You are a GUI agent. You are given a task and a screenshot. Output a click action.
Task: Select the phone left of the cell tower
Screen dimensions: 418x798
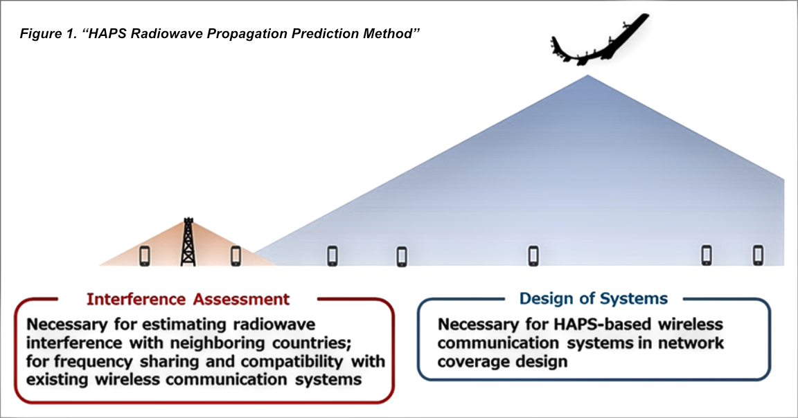(145, 255)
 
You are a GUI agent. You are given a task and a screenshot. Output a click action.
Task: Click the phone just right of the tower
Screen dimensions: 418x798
(236, 255)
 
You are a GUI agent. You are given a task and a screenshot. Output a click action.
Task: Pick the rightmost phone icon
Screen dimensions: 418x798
(758, 255)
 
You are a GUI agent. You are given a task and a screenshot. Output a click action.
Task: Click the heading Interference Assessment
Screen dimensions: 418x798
(188, 299)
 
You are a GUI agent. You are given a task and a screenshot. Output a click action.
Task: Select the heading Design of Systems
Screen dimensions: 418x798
(594, 298)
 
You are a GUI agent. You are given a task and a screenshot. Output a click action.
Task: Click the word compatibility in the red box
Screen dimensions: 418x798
(305, 361)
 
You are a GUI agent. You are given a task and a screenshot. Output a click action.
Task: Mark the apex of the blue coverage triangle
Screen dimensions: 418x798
(588, 75)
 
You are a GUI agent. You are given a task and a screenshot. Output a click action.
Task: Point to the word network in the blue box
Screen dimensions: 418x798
(690, 343)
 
